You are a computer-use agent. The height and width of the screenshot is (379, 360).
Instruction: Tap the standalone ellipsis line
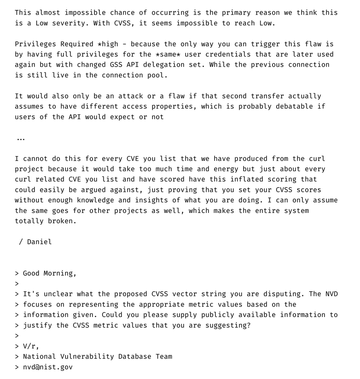click(x=21, y=138)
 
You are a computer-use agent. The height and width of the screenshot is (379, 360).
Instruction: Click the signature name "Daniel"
click(x=39, y=242)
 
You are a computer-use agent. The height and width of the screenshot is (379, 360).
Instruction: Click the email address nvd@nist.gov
click(x=48, y=367)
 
